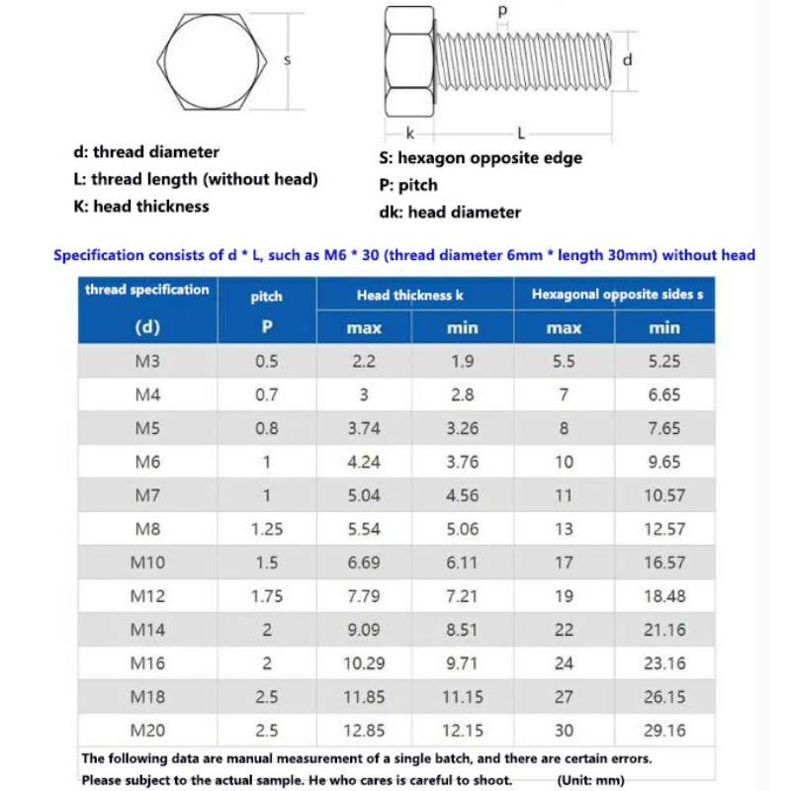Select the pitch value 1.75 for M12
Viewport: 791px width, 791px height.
click(266, 596)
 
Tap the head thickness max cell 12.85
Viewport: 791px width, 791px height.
click(364, 731)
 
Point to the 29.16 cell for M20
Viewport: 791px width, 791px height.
click(664, 731)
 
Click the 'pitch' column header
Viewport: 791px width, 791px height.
click(266, 296)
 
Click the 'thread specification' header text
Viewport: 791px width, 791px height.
click(147, 290)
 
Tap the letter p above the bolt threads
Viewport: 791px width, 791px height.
click(501, 11)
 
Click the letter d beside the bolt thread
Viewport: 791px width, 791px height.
click(627, 59)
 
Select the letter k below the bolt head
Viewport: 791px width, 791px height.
click(410, 132)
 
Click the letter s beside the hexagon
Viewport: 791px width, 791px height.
click(288, 60)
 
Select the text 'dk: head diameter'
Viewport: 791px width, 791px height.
click(450, 212)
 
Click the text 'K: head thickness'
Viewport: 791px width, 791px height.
click(141, 207)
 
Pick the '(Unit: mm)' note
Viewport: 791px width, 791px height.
click(591, 780)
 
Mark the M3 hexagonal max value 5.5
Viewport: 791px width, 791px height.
click(564, 362)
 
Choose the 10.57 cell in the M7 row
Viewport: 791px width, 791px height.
click(664, 495)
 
